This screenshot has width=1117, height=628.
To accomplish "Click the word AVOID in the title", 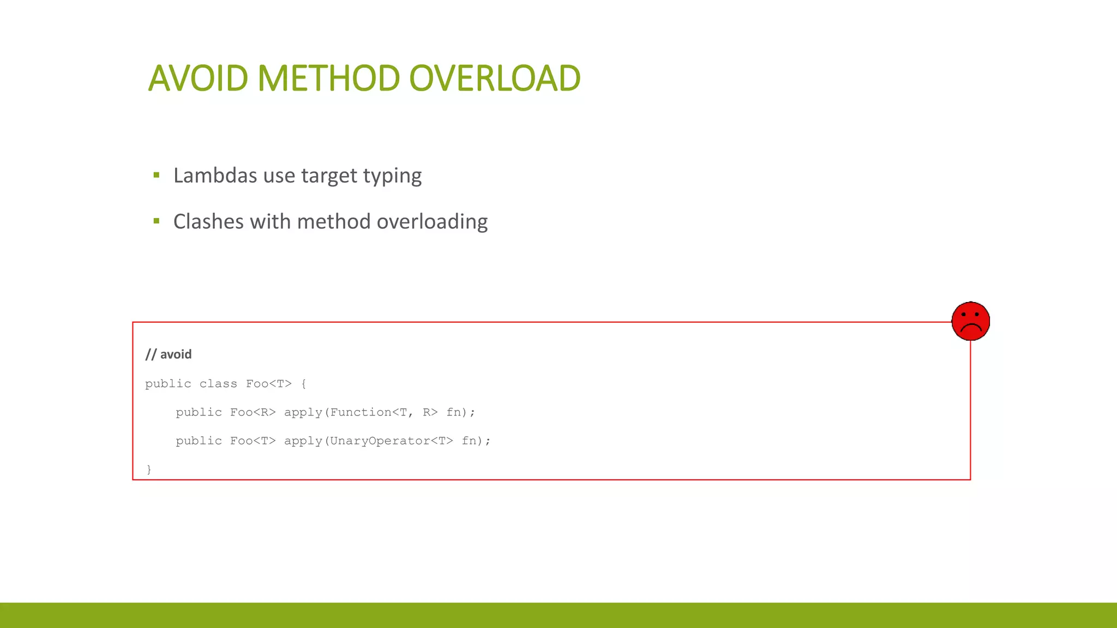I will [x=198, y=78].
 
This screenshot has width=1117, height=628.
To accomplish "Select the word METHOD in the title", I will [x=328, y=78].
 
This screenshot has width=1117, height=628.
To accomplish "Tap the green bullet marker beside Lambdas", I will [x=157, y=176].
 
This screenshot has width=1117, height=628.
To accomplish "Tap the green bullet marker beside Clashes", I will [x=157, y=221].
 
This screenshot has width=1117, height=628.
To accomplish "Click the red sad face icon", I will [x=970, y=321].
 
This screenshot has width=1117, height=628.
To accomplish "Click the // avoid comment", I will [x=169, y=354].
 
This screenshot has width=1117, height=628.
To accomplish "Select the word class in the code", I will [x=218, y=384].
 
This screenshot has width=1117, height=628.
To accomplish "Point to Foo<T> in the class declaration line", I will [x=268, y=384].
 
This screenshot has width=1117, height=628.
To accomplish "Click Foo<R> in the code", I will [x=253, y=413].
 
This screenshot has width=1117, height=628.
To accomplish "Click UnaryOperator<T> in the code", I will [x=391, y=441].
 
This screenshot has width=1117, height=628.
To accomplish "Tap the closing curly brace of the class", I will [x=149, y=469].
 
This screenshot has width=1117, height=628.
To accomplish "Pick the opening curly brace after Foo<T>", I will [x=304, y=384].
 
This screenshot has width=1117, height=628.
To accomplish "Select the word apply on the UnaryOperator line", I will [x=303, y=442].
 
